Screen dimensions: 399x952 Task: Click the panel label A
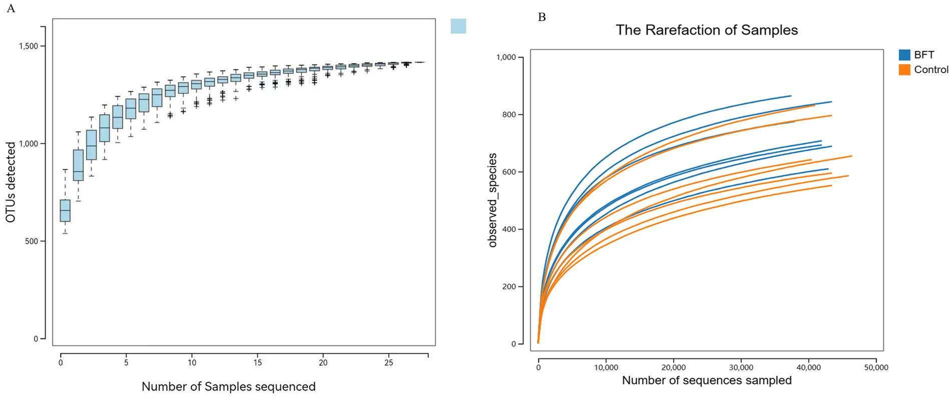[11, 9]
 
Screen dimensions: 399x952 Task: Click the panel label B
[542, 18]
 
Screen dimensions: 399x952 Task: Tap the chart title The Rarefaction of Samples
[706, 30]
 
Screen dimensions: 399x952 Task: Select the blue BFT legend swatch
[904, 55]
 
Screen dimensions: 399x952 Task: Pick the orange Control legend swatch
[904, 70]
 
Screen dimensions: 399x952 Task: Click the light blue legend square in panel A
[458, 26]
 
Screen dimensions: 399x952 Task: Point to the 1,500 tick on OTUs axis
[29, 46]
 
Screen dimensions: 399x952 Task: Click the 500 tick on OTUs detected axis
[32, 241]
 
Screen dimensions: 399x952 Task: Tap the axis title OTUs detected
[11, 183]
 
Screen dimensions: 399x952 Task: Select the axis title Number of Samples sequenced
[228, 386]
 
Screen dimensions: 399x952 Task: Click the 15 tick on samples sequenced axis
[257, 363]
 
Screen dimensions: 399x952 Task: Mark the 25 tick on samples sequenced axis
[388, 363]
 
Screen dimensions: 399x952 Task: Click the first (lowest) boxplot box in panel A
[65, 211]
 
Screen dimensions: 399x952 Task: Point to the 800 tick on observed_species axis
[509, 115]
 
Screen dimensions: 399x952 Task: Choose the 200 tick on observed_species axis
[509, 287]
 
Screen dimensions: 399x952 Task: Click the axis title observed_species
[493, 200]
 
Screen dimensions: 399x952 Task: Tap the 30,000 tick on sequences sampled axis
[741, 367]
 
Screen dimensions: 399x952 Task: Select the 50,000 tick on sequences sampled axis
[876, 367]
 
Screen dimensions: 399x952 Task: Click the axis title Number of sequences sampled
[706, 380]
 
